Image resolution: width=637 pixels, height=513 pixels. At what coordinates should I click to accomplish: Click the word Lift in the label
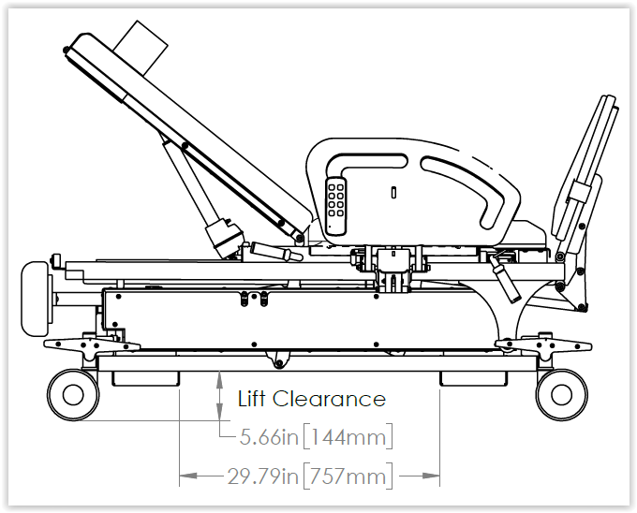pyautogui.click(x=252, y=399)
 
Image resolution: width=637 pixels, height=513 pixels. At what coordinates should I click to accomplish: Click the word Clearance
pyautogui.click(x=329, y=399)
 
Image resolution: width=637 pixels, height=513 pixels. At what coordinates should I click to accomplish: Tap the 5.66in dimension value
pyautogui.click(x=269, y=436)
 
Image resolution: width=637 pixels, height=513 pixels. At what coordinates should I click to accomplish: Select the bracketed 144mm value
pyautogui.click(x=348, y=436)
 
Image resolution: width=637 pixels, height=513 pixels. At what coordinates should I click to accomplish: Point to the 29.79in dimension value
pyautogui.click(x=263, y=476)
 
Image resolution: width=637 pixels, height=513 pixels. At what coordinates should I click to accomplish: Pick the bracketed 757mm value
pyautogui.click(x=348, y=476)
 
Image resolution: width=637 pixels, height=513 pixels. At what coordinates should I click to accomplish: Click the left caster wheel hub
pyautogui.click(x=73, y=395)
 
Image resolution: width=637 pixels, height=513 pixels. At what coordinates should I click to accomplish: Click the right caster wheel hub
pyautogui.click(x=561, y=395)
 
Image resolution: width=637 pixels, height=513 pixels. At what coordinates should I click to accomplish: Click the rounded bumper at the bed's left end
pyautogui.click(x=36, y=299)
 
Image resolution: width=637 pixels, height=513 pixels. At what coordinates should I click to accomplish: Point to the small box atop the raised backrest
pyautogui.click(x=141, y=48)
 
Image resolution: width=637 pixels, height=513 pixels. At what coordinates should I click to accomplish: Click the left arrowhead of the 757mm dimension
pyautogui.click(x=188, y=476)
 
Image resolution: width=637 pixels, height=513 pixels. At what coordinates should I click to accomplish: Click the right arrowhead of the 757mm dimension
pyautogui.click(x=432, y=476)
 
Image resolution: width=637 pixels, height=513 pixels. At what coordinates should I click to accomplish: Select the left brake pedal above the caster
pyautogui.click(x=92, y=345)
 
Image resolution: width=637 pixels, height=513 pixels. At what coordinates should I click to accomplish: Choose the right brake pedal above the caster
pyautogui.click(x=543, y=345)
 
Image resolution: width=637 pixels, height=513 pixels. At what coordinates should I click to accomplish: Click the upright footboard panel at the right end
pyautogui.click(x=585, y=172)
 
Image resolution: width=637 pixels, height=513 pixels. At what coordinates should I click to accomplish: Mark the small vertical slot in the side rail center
pyautogui.click(x=393, y=192)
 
